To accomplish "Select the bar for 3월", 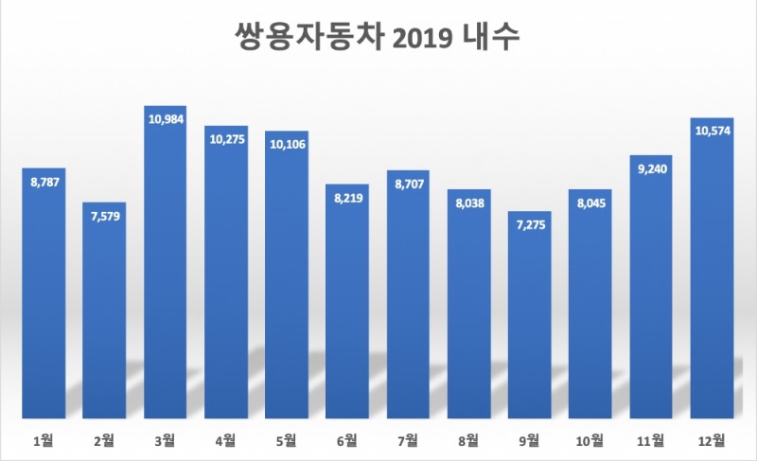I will [x=165, y=275].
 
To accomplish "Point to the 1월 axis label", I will [x=43, y=439].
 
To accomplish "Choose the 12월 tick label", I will [x=712, y=439].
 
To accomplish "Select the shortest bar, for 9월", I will [x=529, y=322].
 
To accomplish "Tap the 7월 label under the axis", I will [x=408, y=439].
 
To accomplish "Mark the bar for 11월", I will [x=650, y=293].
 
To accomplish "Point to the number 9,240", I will [x=650, y=168].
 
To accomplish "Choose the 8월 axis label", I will [x=468, y=439].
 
